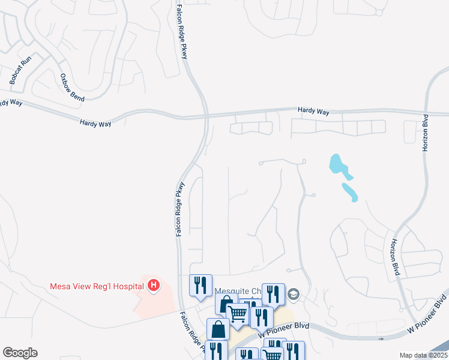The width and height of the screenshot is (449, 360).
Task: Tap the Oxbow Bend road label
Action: point(71,87)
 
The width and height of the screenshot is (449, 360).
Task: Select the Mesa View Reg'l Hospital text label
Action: point(96,286)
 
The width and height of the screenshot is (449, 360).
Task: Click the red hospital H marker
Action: point(154,286)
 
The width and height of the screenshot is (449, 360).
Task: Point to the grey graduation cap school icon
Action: point(293,294)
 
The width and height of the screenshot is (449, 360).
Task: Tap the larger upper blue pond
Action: point(337,164)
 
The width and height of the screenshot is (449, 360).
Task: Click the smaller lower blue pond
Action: point(350,192)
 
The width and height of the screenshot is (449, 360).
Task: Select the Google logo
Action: point(20,353)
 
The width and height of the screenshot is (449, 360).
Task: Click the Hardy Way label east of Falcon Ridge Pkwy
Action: point(313,111)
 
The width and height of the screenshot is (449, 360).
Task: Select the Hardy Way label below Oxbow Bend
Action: point(95,122)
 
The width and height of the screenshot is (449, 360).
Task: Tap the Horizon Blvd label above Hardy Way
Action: point(426,133)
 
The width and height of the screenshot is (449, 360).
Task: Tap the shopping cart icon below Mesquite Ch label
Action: point(238,313)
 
